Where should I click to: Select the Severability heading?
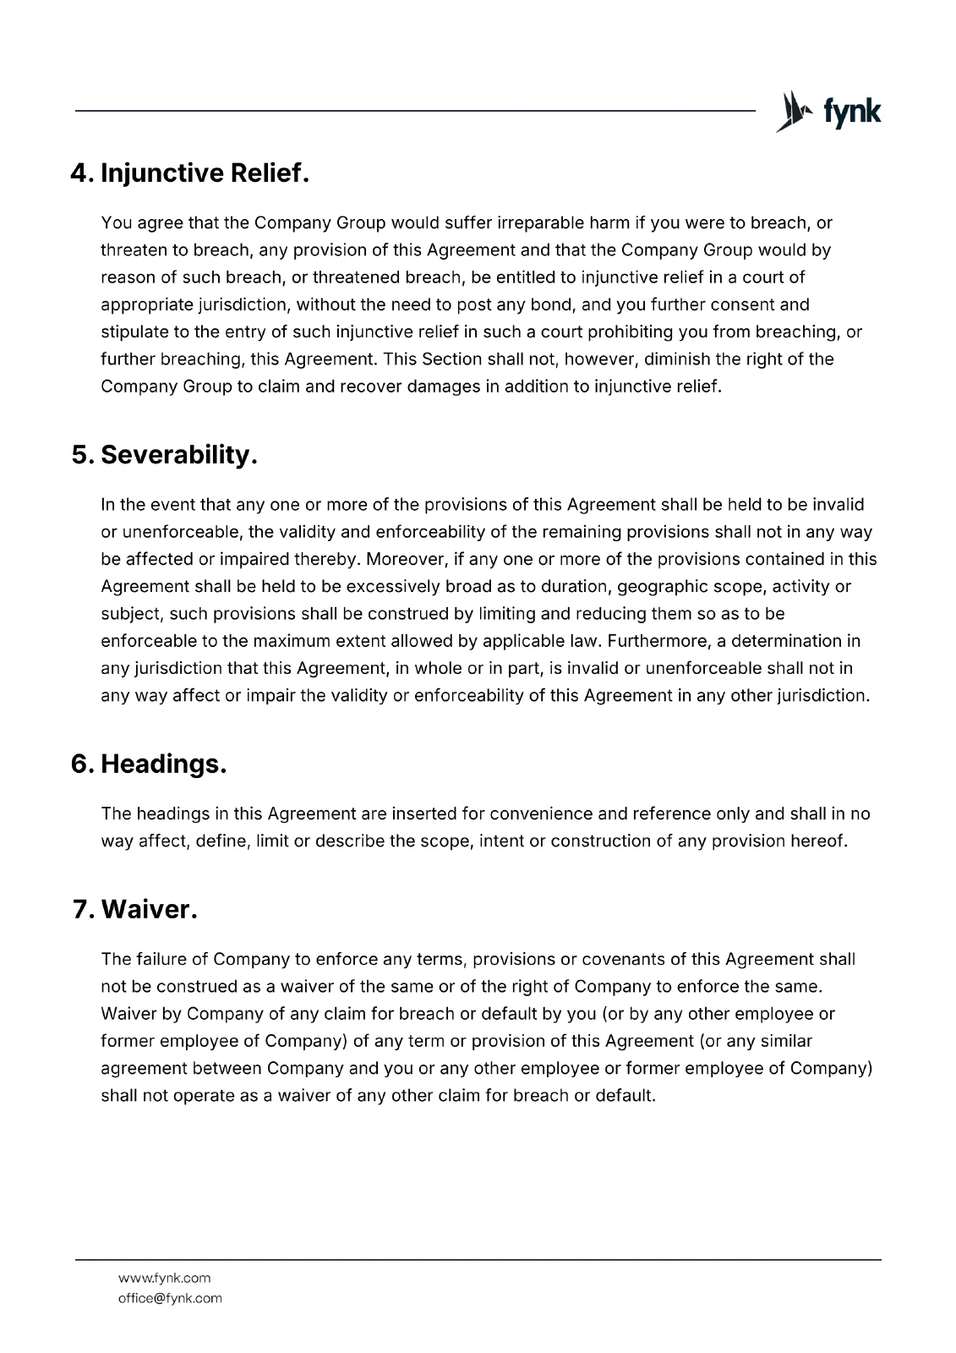coord(178,455)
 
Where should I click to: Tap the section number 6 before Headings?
coord(81,764)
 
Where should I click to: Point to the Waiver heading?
coord(149,910)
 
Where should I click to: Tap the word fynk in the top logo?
coord(852,112)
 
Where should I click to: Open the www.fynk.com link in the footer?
coord(164,1278)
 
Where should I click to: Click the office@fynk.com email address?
coord(170,1298)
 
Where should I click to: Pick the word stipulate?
coord(134,331)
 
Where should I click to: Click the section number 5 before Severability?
coord(81,455)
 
